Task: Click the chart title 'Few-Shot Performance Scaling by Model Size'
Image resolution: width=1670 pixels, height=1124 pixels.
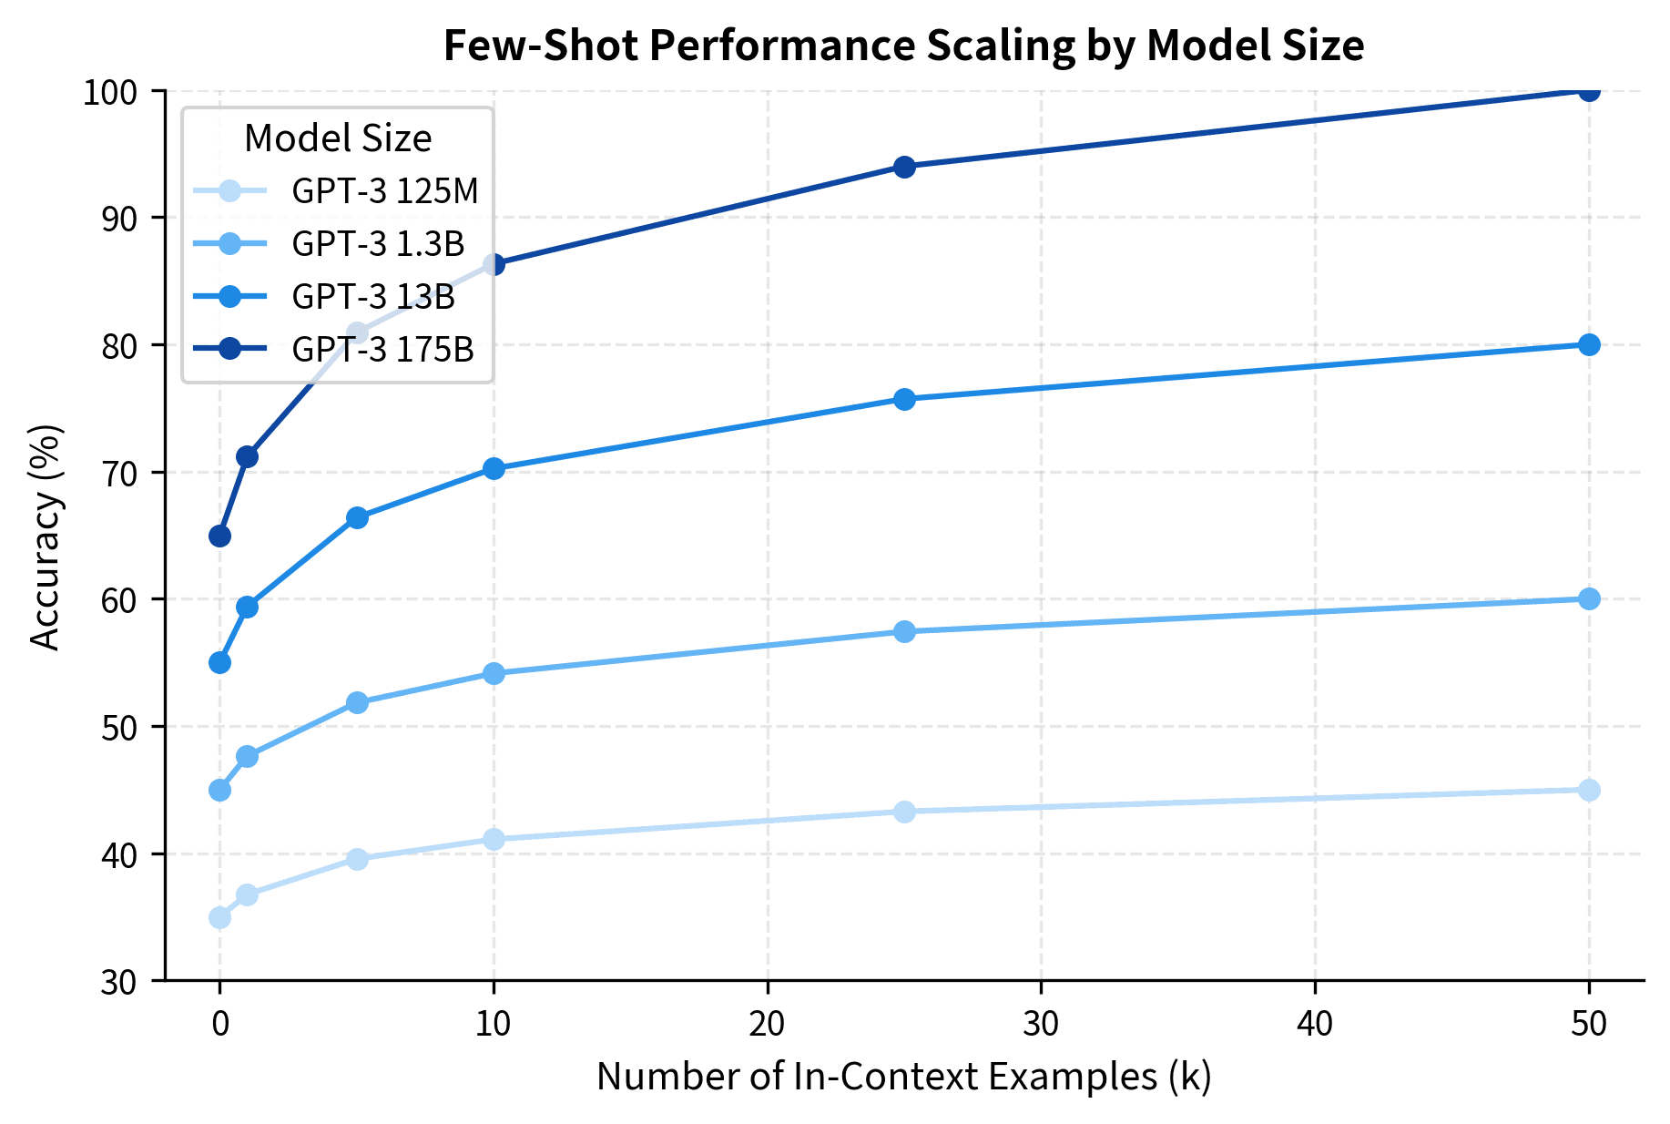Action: click(903, 46)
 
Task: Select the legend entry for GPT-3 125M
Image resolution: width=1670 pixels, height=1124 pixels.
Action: click(384, 191)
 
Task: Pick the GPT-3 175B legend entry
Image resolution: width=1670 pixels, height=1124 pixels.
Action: click(382, 349)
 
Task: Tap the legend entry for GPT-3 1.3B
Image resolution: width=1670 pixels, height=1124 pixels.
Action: click(378, 244)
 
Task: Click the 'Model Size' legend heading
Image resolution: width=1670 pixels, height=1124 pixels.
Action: click(338, 138)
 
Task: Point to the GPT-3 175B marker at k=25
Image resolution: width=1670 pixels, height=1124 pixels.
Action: click(904, 167)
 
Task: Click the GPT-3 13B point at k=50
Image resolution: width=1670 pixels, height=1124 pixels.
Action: click(1589, 344)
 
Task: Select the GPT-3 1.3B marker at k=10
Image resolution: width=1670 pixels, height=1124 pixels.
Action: click(494, 673)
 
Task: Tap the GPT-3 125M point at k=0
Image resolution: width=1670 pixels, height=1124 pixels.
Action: click(219, 917)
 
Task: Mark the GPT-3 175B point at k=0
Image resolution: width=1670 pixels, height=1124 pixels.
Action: click(219, 536)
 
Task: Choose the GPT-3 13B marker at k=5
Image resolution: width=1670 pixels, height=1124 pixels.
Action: click(357, 517)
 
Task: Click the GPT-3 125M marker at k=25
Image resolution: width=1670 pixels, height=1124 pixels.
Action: click(904, 812)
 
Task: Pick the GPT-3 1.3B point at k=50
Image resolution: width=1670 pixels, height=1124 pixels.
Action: click(1589, 598)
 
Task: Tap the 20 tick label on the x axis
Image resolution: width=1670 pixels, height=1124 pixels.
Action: click(767, 1025)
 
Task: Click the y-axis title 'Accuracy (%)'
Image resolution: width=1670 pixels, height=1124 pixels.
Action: click(46, 536)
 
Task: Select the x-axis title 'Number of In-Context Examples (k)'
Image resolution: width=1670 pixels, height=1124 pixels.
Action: click(903, 1077)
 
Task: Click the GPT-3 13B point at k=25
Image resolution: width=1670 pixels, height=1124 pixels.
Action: click(904, 399)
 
